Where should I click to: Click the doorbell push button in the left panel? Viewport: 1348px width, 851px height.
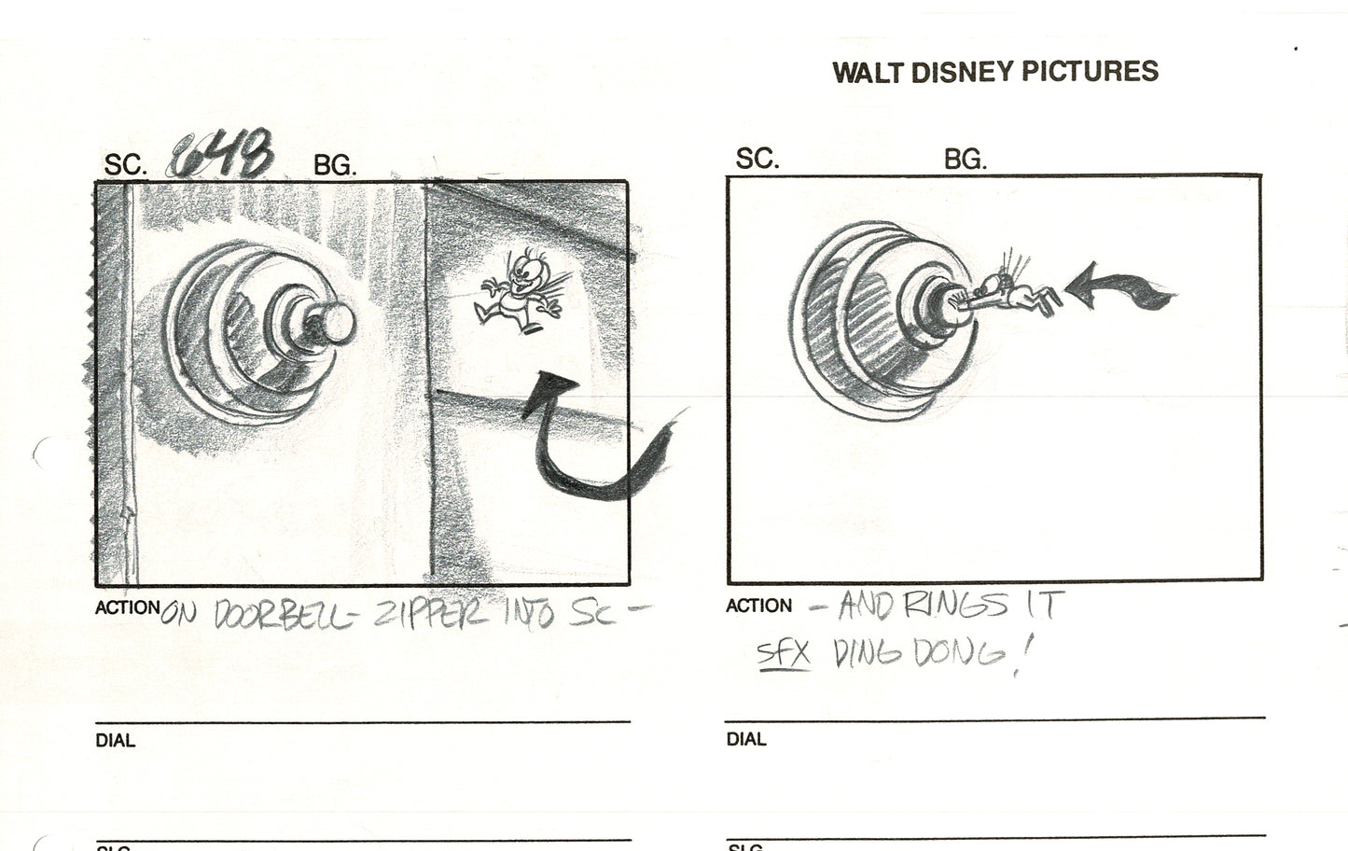point(331,321)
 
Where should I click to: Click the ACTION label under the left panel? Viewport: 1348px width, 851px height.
point(127,607)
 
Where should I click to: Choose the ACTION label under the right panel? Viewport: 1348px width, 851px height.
point(758,607)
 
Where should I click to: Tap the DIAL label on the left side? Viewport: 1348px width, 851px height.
point(115,741)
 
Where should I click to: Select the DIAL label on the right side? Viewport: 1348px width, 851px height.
point(746,740)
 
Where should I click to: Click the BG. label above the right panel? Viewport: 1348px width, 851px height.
point(965,160)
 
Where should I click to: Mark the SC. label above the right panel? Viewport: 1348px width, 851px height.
point(757,160)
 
